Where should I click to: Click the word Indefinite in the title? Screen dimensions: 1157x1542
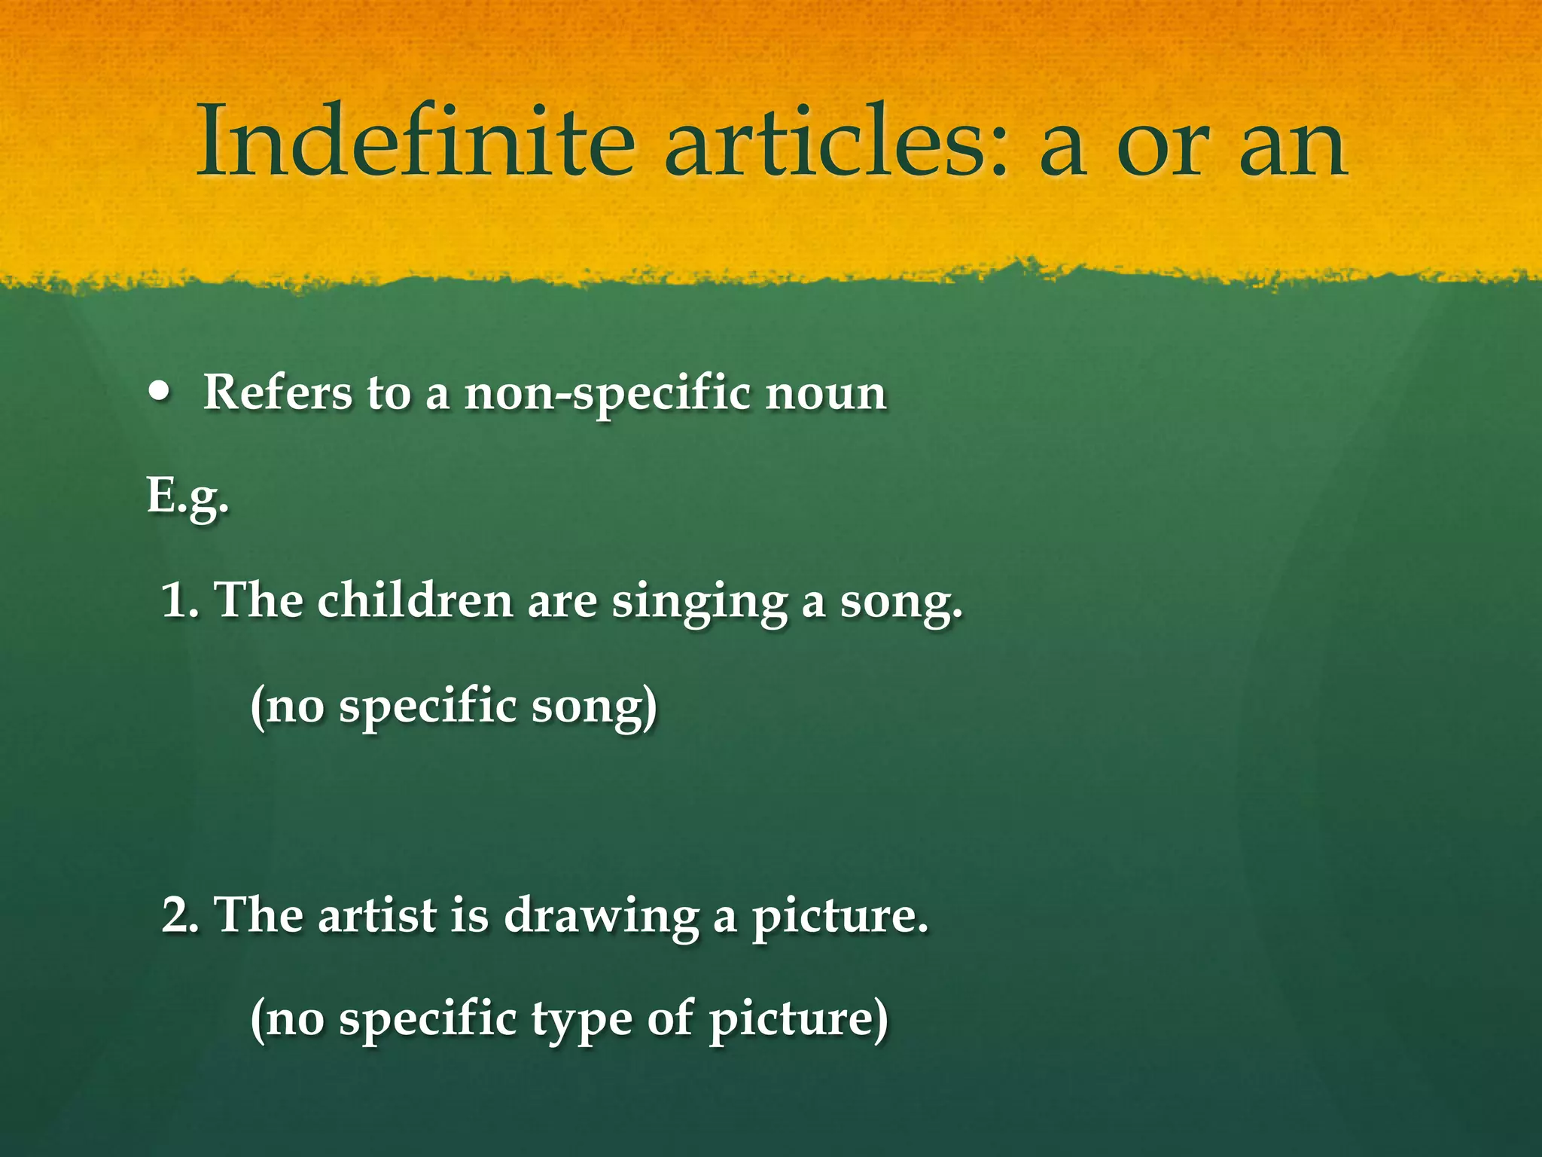point(415,142)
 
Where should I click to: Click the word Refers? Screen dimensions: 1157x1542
point(277,392)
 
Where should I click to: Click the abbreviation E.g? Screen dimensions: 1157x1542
point(187,497)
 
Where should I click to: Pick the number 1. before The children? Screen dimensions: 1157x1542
point(181,601)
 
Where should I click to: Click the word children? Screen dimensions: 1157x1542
point(415,601)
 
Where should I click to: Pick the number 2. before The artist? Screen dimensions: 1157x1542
point(181,916)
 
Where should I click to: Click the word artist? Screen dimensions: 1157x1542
point(377,916)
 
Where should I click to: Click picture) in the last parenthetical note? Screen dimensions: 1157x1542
point(798,1020)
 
